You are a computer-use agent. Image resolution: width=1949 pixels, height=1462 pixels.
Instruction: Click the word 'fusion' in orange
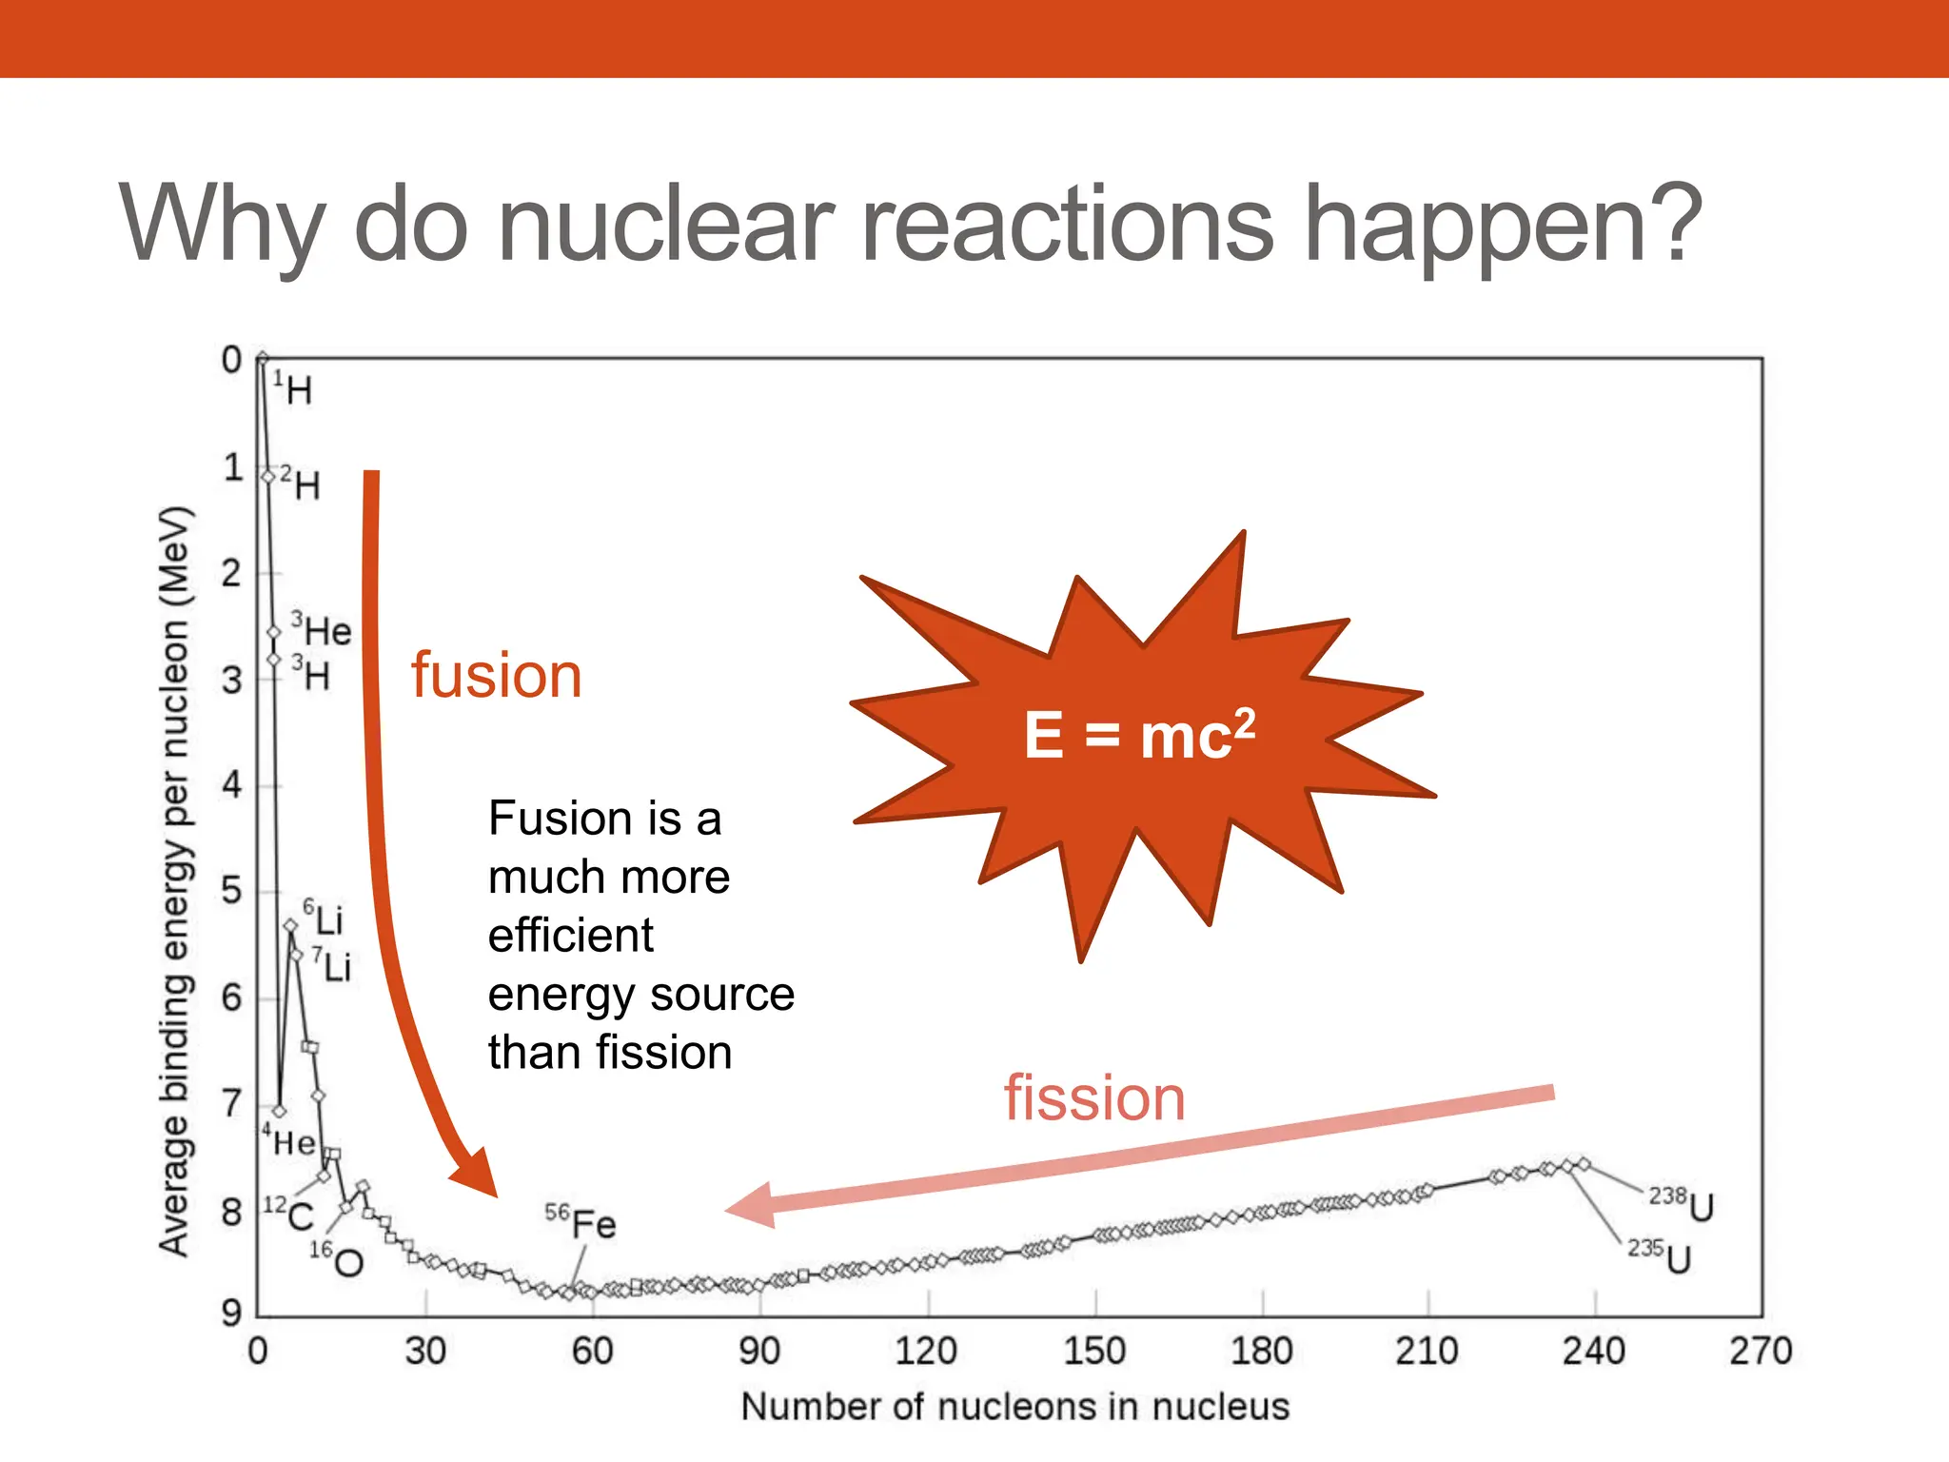click(x=496, y=676)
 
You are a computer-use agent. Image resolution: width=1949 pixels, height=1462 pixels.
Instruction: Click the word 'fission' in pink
click(x=1094, y=1098)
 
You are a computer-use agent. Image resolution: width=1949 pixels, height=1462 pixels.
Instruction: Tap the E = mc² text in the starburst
click(x=1139, y=735)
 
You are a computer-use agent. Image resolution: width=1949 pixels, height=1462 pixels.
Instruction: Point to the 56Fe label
click(x=581, y=1222)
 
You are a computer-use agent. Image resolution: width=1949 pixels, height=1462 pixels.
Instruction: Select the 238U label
click(x=1682, y=1205)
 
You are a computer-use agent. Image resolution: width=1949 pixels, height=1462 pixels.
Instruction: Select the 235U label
click(x=1660, y=1256)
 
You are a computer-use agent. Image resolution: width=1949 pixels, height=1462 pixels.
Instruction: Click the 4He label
click(x=289, y=1140)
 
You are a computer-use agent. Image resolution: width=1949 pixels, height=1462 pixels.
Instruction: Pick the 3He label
click(x=322, y=630)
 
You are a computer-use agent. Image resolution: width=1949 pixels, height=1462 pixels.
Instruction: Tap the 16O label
click(x=337, y=1260)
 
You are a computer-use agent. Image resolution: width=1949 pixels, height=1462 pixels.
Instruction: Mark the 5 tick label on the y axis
click(x=232, y=892)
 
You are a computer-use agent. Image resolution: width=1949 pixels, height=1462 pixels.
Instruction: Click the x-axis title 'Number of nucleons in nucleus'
click(x=1014, y=1407)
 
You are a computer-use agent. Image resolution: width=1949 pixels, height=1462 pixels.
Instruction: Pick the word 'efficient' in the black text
click(x=570, y=936)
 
